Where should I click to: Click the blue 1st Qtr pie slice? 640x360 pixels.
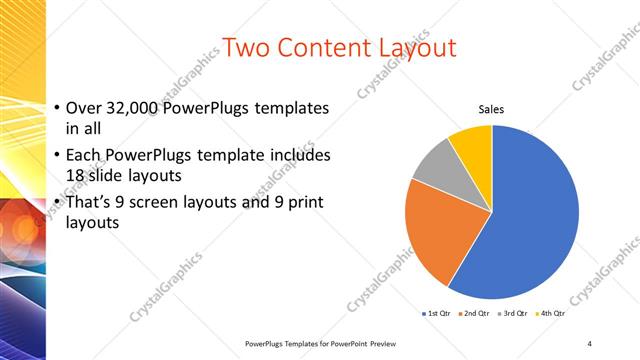[x=530, y=220]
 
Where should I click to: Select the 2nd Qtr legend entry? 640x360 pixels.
[x=475, y=313]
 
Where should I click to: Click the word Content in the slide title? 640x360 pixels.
[x=324, y=47]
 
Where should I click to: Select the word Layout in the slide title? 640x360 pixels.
[x=413, y=47]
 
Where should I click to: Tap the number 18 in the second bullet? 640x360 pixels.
[x=78, y=175]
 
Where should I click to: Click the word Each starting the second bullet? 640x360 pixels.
[x=83, y=157]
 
